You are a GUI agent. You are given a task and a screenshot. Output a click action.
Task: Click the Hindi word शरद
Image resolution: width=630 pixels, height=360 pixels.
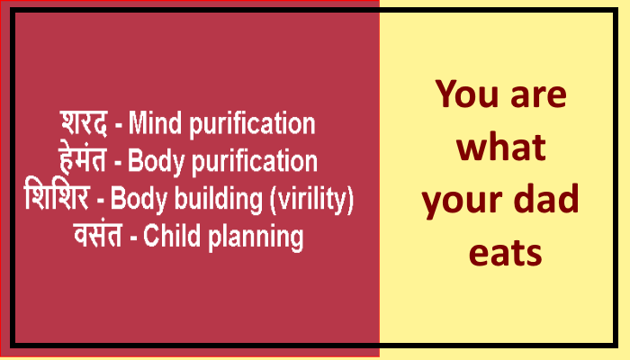click(84, 123)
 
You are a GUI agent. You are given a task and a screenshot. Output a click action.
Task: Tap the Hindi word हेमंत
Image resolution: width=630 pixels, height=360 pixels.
click(83, 159)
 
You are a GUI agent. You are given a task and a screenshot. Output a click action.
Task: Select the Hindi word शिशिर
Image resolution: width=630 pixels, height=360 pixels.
click(56, 196)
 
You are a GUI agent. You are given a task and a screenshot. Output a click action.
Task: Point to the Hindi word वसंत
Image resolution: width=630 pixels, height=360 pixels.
click(97, 235)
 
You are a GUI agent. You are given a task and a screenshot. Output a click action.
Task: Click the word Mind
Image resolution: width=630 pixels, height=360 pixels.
click(155, 123)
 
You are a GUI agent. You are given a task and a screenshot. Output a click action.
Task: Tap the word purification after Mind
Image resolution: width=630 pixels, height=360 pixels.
click(252, 124)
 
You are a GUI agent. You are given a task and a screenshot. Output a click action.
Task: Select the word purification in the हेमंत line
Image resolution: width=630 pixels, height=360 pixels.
click(255, 162)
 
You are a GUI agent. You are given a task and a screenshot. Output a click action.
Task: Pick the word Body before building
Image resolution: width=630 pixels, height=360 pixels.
click(139, 199)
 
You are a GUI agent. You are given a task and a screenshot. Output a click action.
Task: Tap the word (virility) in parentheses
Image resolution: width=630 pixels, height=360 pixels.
click(311, 199)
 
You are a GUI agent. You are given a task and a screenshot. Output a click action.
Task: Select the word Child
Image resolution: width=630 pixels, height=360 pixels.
click(172, 236)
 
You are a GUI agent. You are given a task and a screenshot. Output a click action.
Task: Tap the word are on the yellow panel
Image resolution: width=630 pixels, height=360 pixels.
click(538, 97)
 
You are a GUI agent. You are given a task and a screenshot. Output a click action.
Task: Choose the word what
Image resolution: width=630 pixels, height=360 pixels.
click(501, 147)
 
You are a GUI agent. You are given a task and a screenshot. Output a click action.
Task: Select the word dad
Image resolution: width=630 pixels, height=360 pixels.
click(546, 199)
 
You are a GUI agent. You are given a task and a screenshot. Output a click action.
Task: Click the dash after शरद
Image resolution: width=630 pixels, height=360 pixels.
click(119, 126)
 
